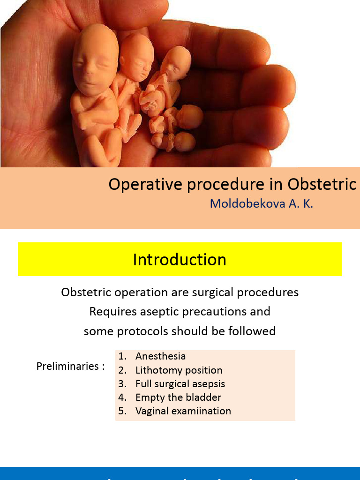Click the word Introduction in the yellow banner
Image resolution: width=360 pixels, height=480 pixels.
click(x=180, y=260)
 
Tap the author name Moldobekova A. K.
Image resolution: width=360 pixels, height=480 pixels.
click(x=262, y=204)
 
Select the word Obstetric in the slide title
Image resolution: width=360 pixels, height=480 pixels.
click(x=322, y=184)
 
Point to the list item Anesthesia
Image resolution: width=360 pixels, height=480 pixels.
click(x=160, y=356)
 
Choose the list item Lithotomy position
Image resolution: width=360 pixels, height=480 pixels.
click(x=179, y=370)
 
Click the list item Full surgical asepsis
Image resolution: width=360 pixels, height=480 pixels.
click(x=180, y=384)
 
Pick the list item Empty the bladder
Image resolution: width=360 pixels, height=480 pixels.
click(x=178, y=397)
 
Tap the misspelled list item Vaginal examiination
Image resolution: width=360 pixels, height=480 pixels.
click(x=183, y=411)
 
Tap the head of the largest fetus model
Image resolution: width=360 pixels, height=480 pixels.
click(x=95, y=61)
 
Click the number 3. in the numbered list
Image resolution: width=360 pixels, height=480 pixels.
click(x=122, y=384)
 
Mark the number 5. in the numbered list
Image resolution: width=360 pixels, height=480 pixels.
click(x=122, y=411)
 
